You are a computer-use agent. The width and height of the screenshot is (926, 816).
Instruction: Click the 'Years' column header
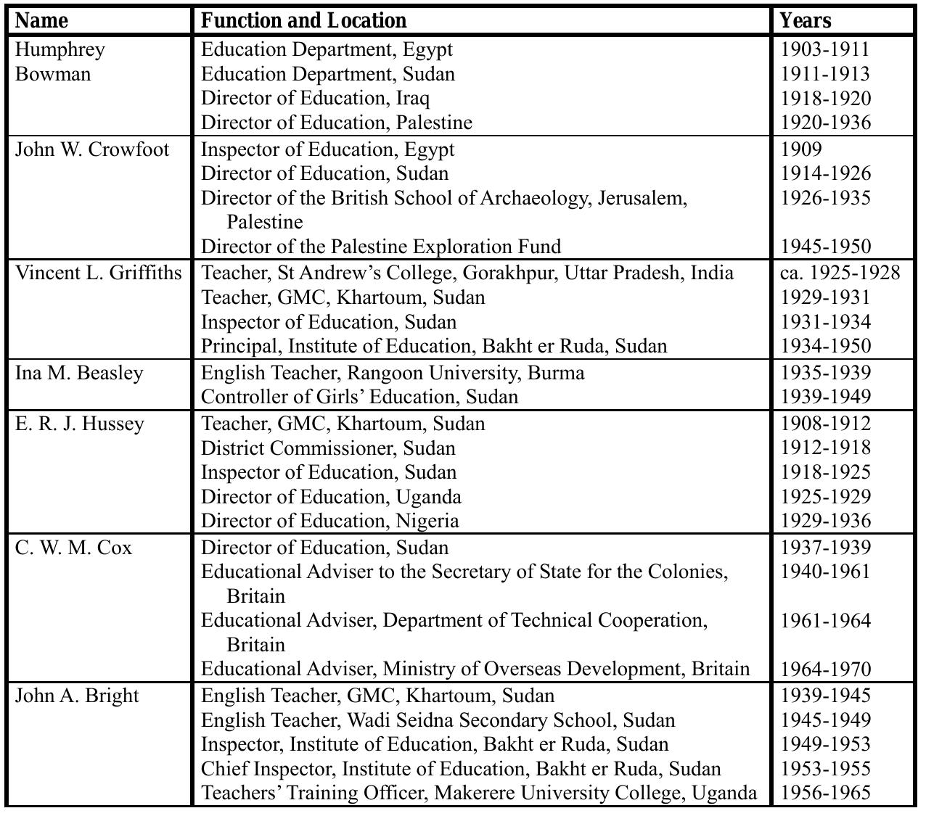click(x=805, y=20)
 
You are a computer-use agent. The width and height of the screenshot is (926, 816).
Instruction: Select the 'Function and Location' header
click(x=303, y=20)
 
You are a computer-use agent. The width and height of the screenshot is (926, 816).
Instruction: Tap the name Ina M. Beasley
click(x=79, y=373)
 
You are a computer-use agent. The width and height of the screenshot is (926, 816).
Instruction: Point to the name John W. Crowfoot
click(x=92, y=149)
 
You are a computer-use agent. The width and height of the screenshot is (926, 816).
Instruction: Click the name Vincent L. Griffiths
click(x=99, y=273)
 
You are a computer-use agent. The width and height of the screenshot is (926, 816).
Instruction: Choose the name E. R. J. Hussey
click(x=80, y=424)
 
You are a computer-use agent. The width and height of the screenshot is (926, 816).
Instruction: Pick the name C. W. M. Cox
click(x=73, y=548)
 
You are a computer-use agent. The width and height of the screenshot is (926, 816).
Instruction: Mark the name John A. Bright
click(x=77, y=696)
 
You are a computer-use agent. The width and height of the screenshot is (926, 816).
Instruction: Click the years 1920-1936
click(x=825, y=123)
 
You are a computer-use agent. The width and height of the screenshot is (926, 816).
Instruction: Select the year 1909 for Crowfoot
click(x=801, y=149)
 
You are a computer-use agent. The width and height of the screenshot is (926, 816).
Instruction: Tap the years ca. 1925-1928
click(x=840, y=273)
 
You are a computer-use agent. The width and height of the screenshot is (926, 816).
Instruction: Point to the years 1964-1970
click(x=825, y=669)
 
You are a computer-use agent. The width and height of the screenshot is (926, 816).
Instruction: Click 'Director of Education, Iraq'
click(x=315, y=98)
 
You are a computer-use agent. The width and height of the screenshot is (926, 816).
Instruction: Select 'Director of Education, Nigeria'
click(x=329, y=521)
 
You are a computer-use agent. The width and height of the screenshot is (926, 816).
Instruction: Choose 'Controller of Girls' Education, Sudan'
click(x=359, y=397)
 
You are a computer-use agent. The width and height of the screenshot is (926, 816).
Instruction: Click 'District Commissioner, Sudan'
click(x=328, y=448)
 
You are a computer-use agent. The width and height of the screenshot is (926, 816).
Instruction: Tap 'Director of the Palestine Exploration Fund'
click(x=380, y=247)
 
